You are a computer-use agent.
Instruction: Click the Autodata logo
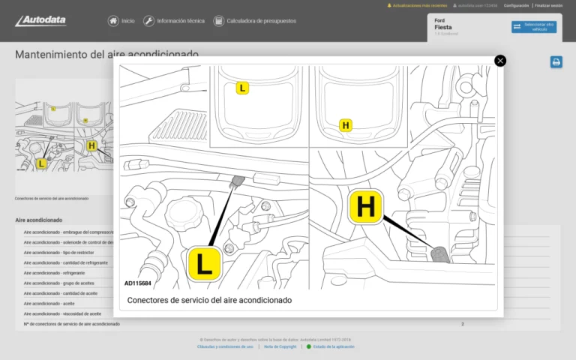tap(40, 21)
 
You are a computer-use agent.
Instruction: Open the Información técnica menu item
tap(174, 21)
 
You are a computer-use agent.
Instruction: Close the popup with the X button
tap(500, 61)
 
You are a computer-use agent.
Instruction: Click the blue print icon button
tap(556, 62)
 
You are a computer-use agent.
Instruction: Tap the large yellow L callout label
tap(204, 263)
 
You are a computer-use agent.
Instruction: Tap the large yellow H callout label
tap(366, 207)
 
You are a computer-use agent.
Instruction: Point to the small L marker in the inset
tap(242, 88)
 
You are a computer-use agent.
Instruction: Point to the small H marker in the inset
tap(346, 125)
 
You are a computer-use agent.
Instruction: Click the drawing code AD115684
tap(138, 283)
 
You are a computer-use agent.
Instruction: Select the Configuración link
tap(516, 5)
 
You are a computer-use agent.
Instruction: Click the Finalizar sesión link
tap(548, 5)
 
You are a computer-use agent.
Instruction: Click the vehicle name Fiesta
tap(442, 27)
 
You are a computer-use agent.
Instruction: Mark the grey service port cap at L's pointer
tap(238, 180)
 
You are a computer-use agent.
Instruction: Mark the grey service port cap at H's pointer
tap(440, 253)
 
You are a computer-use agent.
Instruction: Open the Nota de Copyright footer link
tap(280, 346)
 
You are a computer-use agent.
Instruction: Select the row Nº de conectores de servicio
tap(71, 324)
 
